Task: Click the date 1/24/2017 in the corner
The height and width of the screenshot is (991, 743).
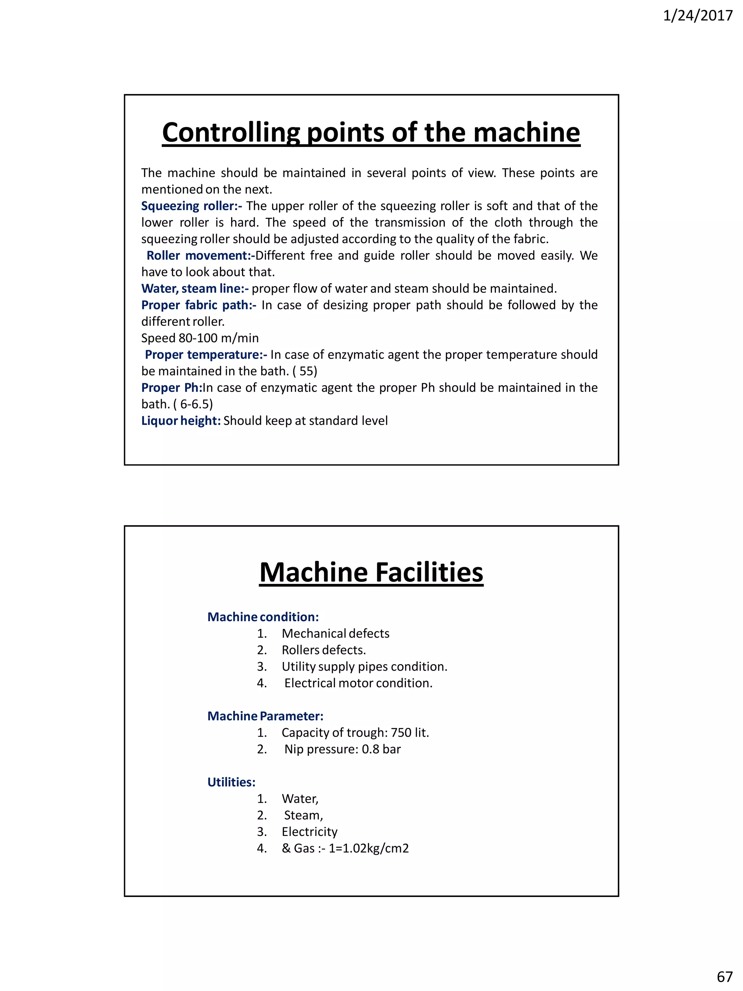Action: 697,16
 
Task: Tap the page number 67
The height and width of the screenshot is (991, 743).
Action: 724,976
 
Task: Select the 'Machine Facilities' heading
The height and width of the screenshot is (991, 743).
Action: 371,573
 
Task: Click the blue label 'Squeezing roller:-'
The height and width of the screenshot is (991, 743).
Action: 191,206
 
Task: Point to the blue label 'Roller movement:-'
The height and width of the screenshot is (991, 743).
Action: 200,255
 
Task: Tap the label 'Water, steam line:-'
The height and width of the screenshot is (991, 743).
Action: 195,288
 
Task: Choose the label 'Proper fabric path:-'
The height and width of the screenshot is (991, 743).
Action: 199,305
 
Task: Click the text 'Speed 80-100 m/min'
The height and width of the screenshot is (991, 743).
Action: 200,338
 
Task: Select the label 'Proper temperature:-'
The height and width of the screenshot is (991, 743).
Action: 206,355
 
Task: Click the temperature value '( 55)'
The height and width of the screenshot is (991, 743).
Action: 304,372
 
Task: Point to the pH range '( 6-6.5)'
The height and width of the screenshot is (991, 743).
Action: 193,405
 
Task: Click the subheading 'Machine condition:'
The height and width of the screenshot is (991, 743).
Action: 263,617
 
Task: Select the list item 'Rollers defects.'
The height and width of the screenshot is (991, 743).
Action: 323,650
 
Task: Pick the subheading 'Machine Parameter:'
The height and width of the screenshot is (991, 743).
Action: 265,716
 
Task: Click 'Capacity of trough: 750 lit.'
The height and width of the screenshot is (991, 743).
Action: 355,733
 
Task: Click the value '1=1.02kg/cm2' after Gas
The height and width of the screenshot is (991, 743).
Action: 369,848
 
